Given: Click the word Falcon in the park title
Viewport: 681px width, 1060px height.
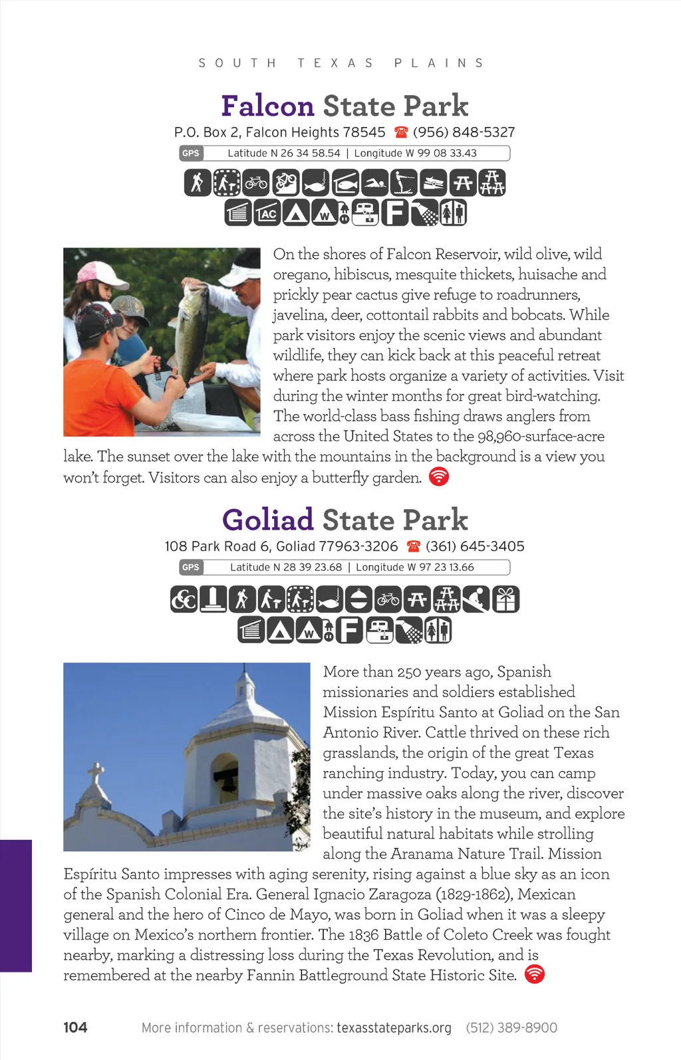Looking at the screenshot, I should click(267, 106).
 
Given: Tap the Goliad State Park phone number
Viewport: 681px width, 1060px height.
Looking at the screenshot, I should click(475, 546).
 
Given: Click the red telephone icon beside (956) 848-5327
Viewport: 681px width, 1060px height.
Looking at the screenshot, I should click(400, 132).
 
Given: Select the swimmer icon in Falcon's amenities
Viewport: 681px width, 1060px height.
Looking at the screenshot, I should click(374, 183).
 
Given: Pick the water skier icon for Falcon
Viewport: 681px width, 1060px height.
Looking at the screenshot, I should click(404, 183).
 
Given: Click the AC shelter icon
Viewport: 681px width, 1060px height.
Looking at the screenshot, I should click(267, 213).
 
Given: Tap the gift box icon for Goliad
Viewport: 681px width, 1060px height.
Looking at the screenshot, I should click(505, 599).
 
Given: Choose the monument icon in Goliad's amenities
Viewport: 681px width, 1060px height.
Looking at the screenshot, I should click(213, 599).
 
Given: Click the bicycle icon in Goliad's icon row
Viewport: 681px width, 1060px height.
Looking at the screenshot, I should click(388, 599).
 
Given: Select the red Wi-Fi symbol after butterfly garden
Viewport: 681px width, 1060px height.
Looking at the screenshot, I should click(439, 477).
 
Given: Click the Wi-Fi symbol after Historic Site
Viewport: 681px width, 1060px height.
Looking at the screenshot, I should click(535, 974).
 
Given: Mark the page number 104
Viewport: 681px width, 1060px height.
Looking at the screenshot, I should click(75, 1027).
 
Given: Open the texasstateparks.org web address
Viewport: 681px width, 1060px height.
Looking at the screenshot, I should click(394, 1027).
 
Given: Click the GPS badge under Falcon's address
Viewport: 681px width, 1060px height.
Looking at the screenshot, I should click(191, 154).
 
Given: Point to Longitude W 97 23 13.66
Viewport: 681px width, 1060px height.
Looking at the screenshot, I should click(415, 568).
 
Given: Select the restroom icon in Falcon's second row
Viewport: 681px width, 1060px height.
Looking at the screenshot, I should click(452, 213).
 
